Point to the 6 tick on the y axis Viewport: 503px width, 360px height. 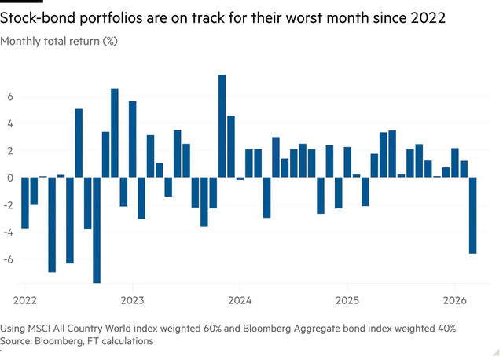[10, 97]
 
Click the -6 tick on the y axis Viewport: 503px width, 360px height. [9, 259]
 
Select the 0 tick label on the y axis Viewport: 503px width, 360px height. [10, 178]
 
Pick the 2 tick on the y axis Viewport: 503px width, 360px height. [10, 151]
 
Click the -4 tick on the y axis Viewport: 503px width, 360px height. [9, 232]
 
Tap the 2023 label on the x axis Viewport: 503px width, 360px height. [132, 299]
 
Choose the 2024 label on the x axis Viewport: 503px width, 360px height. [240, 299]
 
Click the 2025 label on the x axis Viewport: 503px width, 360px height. [347, 299]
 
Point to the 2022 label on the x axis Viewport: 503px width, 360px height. [25, 299]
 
